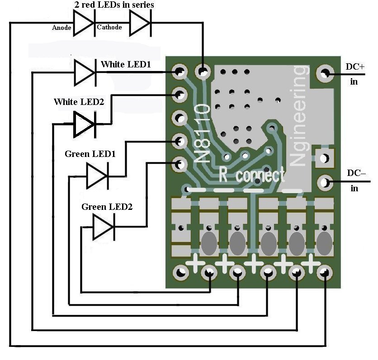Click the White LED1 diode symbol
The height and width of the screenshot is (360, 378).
click(85, 72)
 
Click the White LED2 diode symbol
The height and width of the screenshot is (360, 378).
click(85, 123)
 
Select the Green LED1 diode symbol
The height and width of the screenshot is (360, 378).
click(97, 175)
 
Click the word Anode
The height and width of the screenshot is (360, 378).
click(61, 28)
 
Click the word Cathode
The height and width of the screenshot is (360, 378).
click(109, 28)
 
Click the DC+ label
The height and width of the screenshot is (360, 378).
click(355, 66)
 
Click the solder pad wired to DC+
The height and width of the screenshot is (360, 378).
click(324, 73)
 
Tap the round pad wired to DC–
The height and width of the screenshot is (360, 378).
click(324, 183)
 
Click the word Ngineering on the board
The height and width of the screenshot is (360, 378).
click(300, 115)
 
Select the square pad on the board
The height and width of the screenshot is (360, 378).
click(324, 158)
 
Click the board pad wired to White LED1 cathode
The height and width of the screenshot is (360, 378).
click(180, 71)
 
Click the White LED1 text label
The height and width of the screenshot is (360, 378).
click(126, 64)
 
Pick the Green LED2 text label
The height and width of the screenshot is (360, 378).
click(107, 207)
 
